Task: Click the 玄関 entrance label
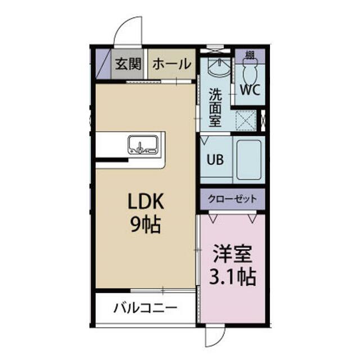[128, 64]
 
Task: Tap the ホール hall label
[172, 64]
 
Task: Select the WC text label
[250, 89]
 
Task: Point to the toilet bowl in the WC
[250, 71]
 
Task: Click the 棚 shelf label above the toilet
[250, 55]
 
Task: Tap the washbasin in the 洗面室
[219, 67]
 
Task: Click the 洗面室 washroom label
[215, 107]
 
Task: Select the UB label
[215, 159]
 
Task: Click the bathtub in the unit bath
[249, 160]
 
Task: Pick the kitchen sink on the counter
[143, 145]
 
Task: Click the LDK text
[146, 201]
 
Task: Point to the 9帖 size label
[146, 224]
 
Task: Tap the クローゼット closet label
[232, 199]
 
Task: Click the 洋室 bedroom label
[232, 254]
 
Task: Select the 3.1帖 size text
[232, 277]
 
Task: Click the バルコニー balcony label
[145, 308]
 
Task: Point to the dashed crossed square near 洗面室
[246, 120]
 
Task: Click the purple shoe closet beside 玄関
[103, 64]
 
